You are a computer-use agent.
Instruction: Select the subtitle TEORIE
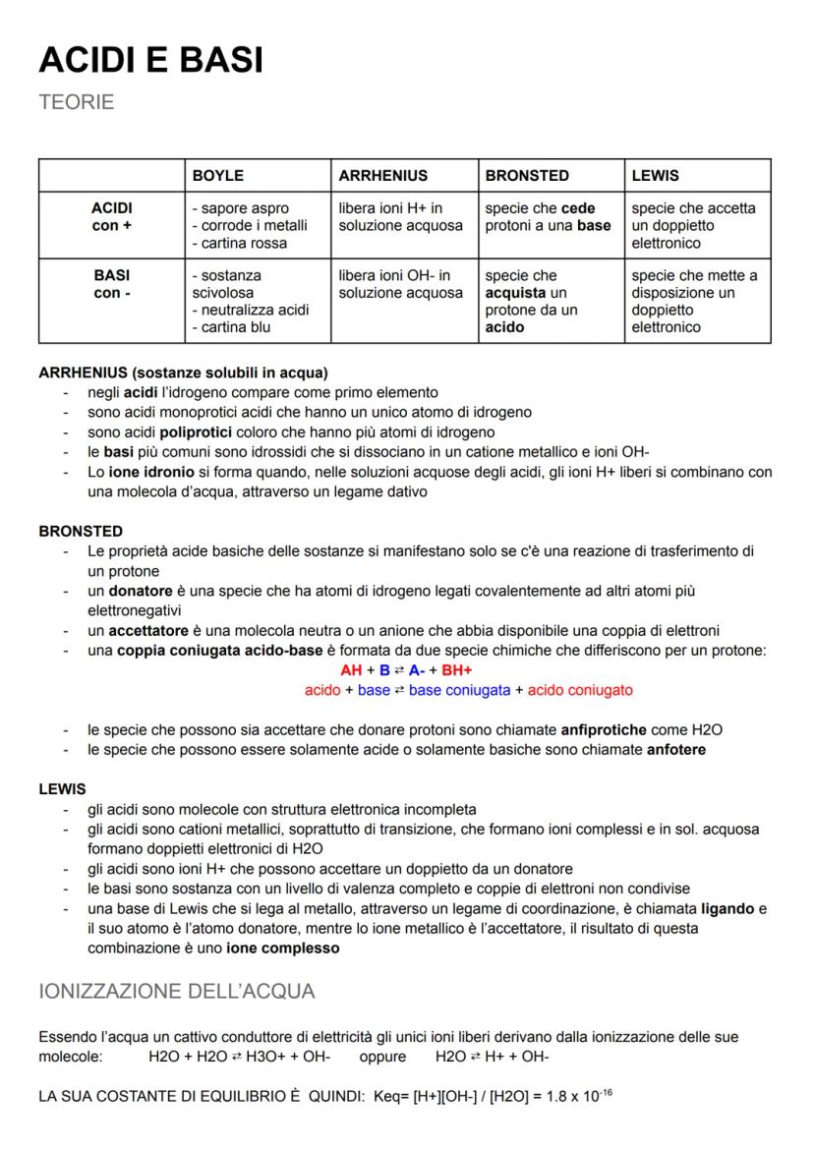77,102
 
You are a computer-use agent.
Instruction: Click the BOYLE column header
217,176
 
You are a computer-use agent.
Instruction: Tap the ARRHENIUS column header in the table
382,176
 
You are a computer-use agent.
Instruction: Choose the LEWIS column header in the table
655,176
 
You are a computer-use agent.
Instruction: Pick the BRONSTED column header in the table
527,176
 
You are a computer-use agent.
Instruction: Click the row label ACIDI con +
111,217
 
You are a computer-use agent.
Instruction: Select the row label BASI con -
111,285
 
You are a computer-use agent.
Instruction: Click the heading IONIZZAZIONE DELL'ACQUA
177,991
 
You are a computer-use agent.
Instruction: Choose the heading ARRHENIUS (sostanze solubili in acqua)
183,373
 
